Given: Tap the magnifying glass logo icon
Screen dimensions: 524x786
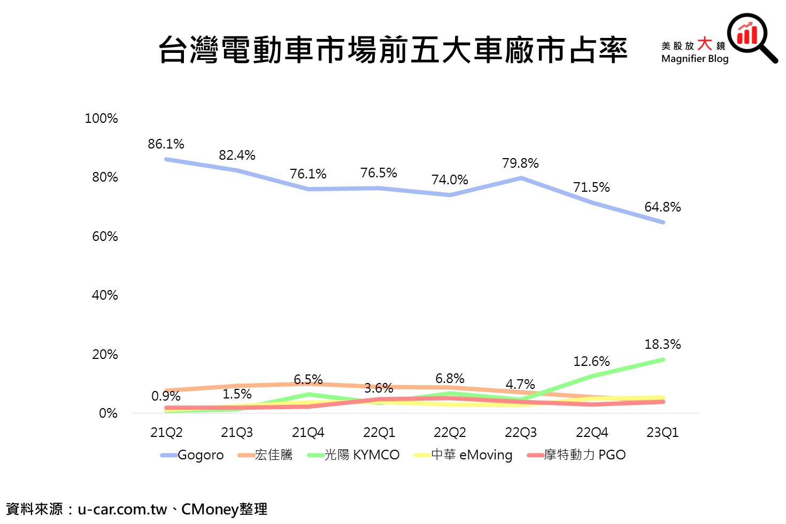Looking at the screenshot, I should [x=751, y=36].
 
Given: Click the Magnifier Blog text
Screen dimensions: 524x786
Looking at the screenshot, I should [x=695, y=59].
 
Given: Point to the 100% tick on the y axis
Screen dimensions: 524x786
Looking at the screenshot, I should [x=101, y=119].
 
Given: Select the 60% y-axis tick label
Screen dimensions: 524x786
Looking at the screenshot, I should [x=105, y=237].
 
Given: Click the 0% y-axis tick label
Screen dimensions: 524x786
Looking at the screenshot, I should [x=108, y=413].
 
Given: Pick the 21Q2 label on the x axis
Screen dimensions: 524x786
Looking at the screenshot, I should [x=166, y=433].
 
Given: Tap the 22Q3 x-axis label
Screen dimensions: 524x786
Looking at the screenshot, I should [x=521, y=433].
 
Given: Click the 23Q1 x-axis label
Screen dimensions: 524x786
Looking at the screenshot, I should [x=662, y=433].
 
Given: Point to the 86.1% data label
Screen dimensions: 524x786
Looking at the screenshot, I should [x=166, y=144].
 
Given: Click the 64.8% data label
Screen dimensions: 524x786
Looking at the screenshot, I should [x=662, y=207].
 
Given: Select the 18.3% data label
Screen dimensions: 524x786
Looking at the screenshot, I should [x=662, y=345].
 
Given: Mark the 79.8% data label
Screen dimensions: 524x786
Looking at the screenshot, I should [x=520, y=163].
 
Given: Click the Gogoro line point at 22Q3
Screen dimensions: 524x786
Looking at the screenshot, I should [x=521, y=178].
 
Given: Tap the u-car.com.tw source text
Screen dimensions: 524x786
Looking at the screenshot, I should [x=122, y=510].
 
